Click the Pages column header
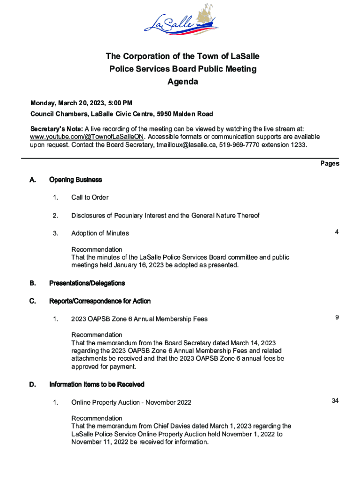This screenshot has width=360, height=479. pos(330,163)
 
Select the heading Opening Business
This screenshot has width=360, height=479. pos(75,180)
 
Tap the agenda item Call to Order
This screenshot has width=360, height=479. pos(90,197)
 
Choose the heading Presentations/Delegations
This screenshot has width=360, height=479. pos(87,283)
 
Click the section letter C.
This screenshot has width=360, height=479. pos(33,301)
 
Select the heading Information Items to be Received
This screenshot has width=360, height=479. pos(97,385)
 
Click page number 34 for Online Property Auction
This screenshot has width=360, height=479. pos(335,401)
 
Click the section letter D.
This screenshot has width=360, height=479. pos(33,385)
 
